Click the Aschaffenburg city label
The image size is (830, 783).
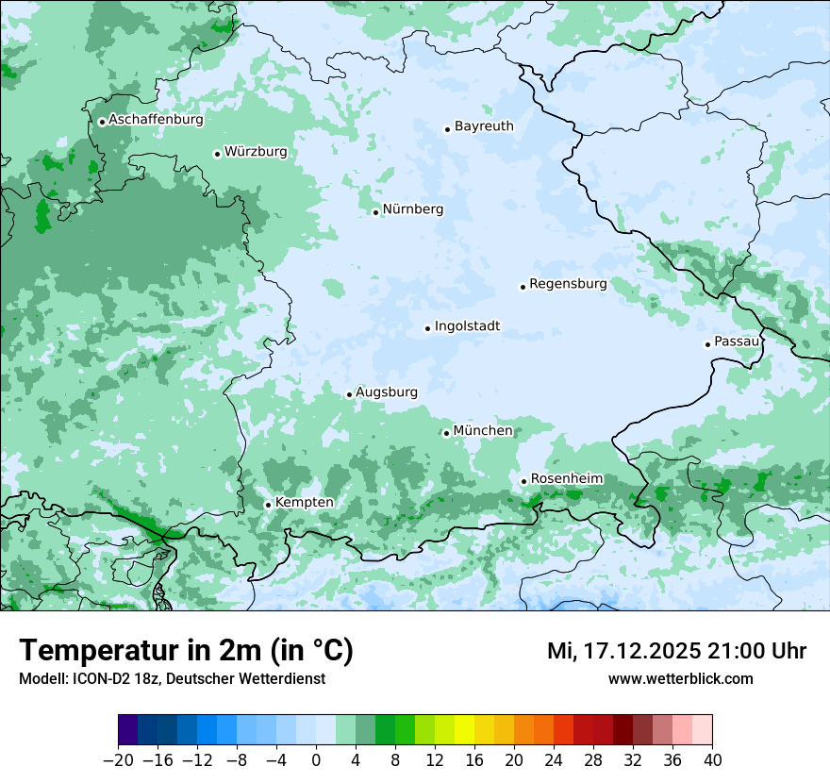pos(156,120)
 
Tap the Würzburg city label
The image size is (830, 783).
pos(256,152)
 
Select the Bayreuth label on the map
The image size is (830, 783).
pos(484,126)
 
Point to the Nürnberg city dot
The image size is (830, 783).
pos(375,212)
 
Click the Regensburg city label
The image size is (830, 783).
pos(568,284)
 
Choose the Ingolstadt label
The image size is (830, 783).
pos(467,326)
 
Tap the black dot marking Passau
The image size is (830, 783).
pos(707,344)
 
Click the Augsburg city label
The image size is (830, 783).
pos(386,392)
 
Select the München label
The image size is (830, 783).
pos(483,431)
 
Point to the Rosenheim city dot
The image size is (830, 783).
pos(523,482)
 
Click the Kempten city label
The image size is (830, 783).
pos(304,503)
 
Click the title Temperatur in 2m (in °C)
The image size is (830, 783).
pos(186,651)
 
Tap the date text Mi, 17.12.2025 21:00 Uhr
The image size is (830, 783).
pos(676,651)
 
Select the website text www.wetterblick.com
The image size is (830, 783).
pos(680,678)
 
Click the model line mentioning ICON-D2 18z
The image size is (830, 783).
pos(172,678)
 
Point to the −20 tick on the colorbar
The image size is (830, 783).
pos(119,759)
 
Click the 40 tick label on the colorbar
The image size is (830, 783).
pos(712,759)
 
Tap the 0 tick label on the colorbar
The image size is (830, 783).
pos(316,759)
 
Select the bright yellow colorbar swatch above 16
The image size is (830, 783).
pos(464,730)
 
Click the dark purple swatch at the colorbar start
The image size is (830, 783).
pos(128,730)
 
